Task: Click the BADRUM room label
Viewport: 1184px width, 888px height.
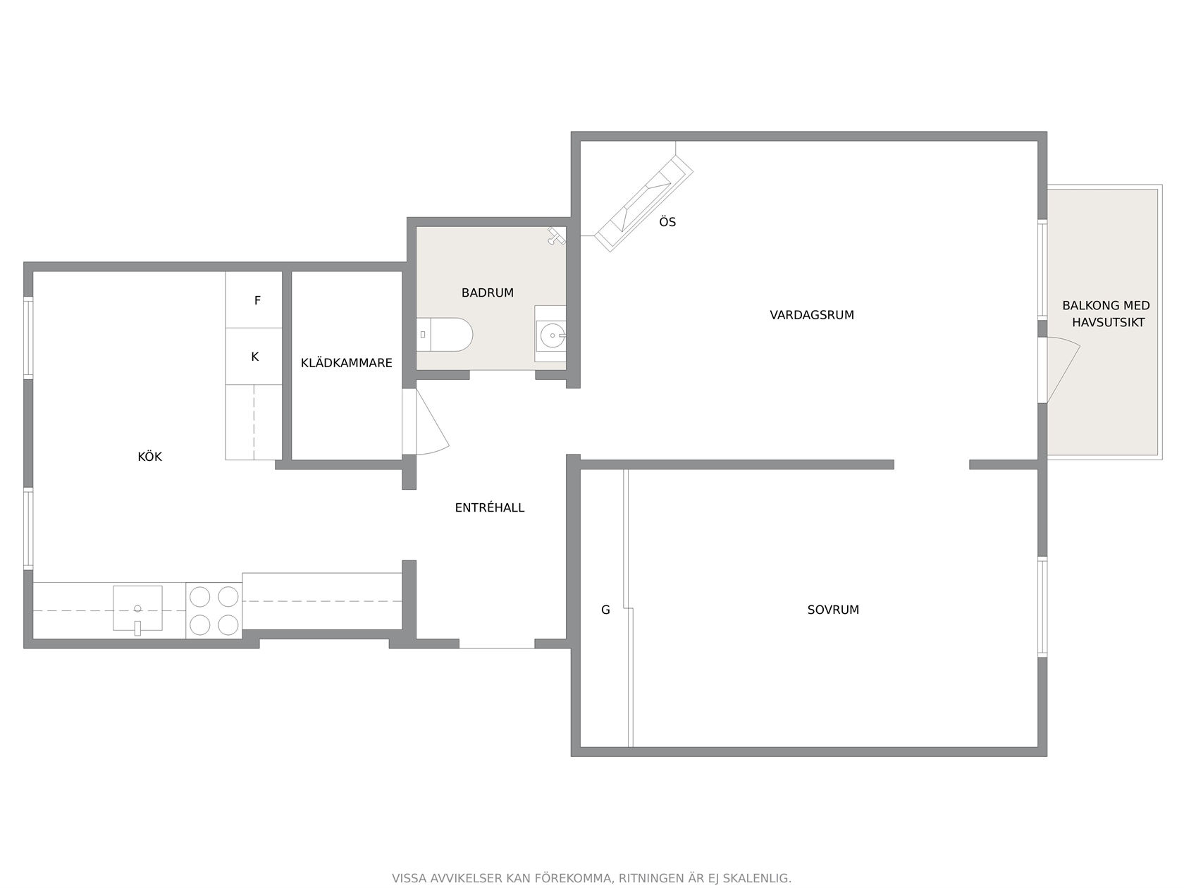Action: click(x=487, y=292)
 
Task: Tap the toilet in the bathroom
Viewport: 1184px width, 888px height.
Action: click(x=444, y=335)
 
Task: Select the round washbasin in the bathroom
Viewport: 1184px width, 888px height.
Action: click(x=553, y=335)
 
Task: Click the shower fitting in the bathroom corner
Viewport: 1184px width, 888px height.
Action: click(x=555, y=235)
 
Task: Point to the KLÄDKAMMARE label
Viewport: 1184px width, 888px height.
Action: click(x=346, y=363)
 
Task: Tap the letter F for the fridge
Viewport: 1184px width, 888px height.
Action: click(x=257, y=300)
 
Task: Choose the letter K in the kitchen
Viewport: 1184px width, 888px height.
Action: click(x=255, y=357)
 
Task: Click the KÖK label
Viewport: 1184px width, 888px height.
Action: click(x=149, y=457)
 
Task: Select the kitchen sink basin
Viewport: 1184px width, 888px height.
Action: click(x=137, y=608)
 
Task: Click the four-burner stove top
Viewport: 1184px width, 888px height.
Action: click(x=214, y=611)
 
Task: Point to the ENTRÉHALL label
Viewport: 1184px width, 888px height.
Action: click(x=489, y=507)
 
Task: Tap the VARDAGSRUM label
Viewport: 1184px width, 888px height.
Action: click(x=812, y=315)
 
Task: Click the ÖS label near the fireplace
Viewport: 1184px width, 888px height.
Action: click(x=667, y=221)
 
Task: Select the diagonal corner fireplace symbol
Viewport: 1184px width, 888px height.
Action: click(x=643, y=203)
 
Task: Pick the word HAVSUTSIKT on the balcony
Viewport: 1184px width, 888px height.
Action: click(x=1108, y=322)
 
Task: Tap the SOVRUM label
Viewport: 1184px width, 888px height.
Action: click(x=833, y=610)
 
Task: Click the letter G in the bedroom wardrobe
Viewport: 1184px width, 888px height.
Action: click(x=605, y=610)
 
